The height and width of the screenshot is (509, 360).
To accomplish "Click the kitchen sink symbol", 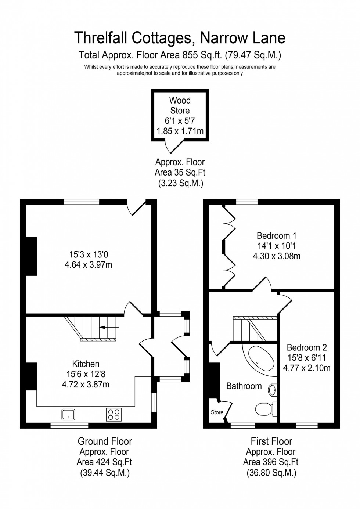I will [68, 414].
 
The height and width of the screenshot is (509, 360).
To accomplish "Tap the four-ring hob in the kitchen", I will [114, 414].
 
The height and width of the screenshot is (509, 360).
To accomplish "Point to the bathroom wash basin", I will [273, 389].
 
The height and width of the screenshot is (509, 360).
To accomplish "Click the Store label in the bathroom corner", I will [217, 412].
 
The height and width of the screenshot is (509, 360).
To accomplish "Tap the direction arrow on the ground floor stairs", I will [109, 326].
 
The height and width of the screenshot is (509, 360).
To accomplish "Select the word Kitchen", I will [86, 364].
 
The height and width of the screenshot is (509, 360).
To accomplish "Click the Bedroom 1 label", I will [276, 235].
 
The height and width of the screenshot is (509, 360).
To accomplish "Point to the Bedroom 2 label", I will [307, 347].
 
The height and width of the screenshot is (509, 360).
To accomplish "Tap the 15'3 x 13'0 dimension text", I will [88, 254].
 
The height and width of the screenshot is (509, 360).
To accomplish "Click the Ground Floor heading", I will [105, 441].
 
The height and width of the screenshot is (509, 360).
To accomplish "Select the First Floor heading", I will [271, 441].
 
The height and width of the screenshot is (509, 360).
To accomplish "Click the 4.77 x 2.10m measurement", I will [307, 368].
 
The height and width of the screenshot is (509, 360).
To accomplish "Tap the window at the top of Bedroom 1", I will [247, 202].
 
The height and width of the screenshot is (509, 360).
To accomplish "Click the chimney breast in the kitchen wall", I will [31, 376].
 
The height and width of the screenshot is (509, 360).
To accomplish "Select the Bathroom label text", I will [244, 386].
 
